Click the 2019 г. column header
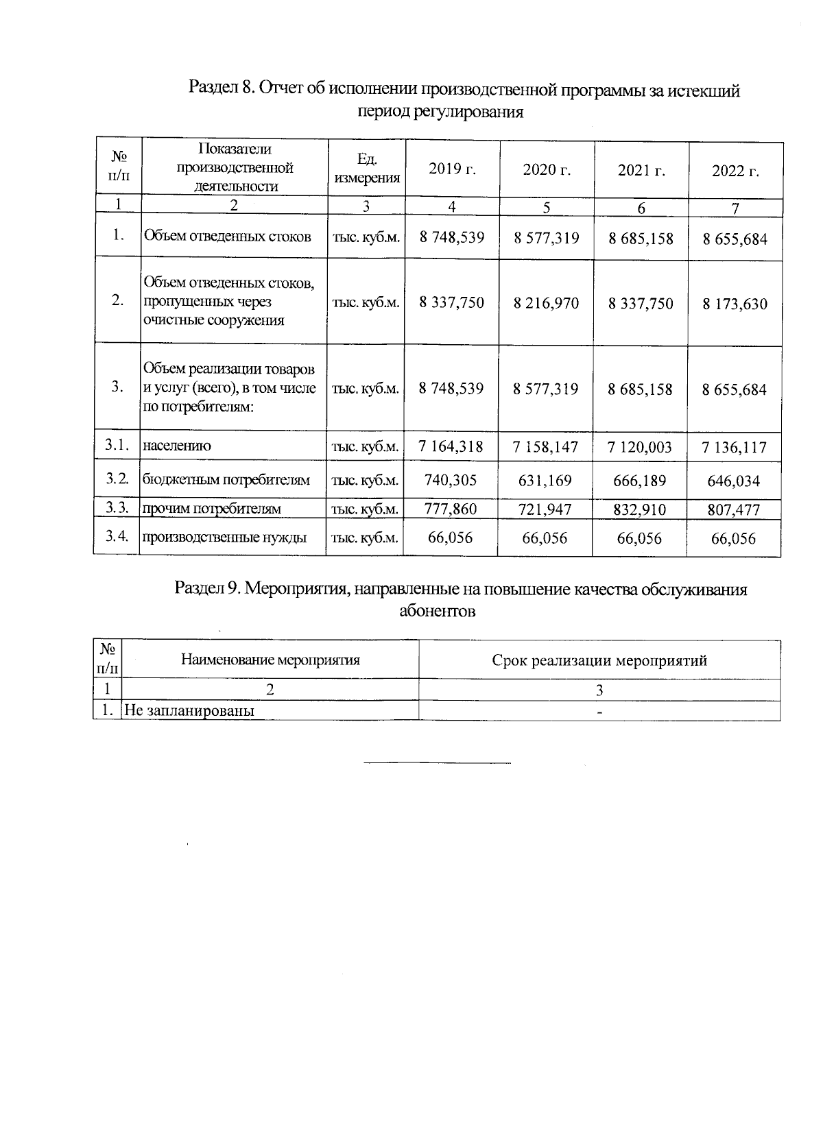click(x=452, y=169)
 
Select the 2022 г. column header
click(x=735, y=171)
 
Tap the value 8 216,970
click(x=546, y=302)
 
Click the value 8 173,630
click(x=735, y=304)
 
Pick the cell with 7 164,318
click(x=451, y=446)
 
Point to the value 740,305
click(x=451, y=480)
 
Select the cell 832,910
click(x=641, y=509)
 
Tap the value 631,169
click(x=545, y=480)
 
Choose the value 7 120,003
click(x=641, y=447)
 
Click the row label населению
click(x=177, y=446)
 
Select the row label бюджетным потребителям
click(x=226, y=480)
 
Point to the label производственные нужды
click(x=224, y=538)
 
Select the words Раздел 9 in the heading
click(x=206, y=588)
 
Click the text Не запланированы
click(x=190, y=710)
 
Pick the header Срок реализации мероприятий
click(x=599, y=660)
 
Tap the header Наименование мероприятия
click(x=270, y=660)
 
